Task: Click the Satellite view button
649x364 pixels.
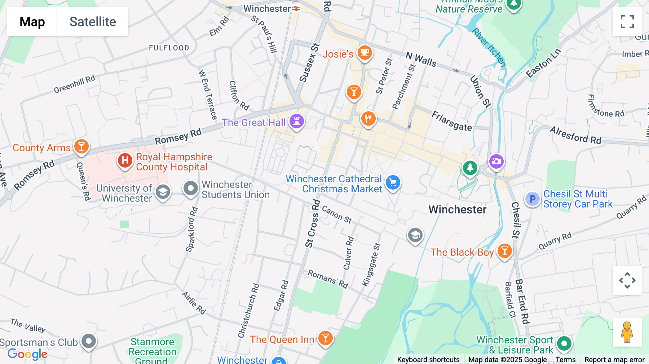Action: (93, 22)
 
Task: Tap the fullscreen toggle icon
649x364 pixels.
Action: (627, 22)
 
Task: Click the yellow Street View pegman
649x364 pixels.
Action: (627, 332)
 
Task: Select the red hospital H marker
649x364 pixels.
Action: (125, 160)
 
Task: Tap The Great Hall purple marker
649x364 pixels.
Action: (297, 121)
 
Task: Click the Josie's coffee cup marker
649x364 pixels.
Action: (365, 53)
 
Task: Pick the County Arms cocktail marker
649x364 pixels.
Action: (81, 146)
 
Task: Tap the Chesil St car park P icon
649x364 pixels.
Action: (532, 199)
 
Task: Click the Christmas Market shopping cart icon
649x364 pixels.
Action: (393, 182)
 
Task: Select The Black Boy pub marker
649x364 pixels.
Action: (504, 251)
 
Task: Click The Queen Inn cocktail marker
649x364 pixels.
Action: (325, 338)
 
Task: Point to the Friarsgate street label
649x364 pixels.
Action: (451, 121)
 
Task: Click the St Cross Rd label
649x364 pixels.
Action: (312, 223)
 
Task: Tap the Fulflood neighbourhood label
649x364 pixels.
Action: (169, 48)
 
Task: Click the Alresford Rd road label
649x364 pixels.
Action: (575, 135)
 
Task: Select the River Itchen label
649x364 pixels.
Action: (489, 47)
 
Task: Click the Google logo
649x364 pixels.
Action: (27, 354)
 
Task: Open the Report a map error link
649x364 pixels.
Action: (614, 360)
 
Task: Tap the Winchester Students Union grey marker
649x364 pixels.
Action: (190, 188)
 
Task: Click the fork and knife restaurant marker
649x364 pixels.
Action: (368, 118)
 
